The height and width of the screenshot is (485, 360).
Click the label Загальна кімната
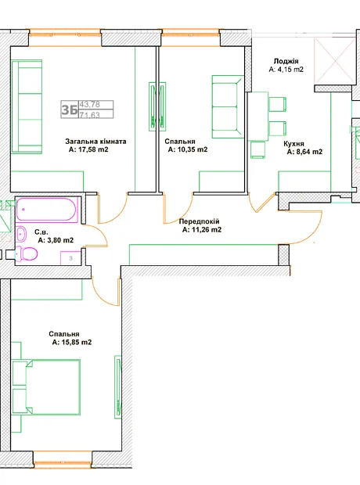tap(95, 142)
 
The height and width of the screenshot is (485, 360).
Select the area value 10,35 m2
tap(191, 149)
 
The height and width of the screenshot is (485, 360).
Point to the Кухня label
tap(293, 144)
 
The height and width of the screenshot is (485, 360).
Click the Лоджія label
tap(286, 61)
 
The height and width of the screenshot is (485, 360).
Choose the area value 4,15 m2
tap(290, 70)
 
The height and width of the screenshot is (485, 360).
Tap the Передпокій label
tap(199, 221)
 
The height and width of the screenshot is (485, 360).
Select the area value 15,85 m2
tap(75, 343)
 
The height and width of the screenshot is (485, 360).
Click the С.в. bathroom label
tap(41, 232)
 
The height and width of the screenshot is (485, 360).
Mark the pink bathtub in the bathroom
tap(46, 210)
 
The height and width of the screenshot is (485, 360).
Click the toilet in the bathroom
tap(27, 254)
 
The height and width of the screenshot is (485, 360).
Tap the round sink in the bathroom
tap(21, 235)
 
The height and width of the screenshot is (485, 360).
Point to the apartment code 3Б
tap(70, 110)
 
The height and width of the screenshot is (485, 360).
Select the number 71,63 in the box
tap(90, 115)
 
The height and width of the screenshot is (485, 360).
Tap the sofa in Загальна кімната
tap(27, 106)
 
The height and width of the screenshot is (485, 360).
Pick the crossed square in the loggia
tap(335, 61)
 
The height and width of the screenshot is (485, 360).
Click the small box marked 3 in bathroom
tap(70, 258)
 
